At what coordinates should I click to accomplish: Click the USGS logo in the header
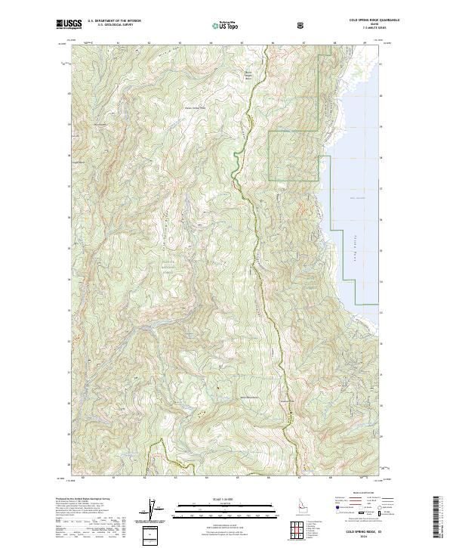pyautogui.click(x=69, y=24)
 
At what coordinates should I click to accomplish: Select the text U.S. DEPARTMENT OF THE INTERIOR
pyautogui.click(x=115, y=22)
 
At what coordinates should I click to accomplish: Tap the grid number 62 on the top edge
pyautogui.click(x=149, y=43)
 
